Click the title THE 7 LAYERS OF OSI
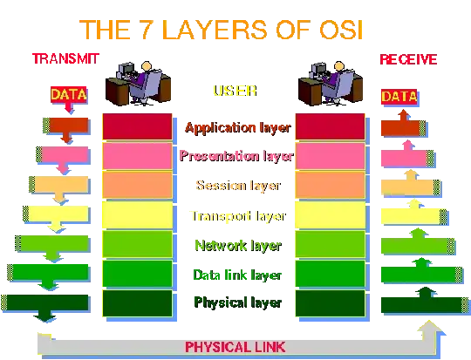click(x=231, y=29)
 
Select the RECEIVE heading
click(x=406, y=60)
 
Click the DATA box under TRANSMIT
click(x=66, y=94)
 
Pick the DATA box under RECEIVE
click(x=399, y=96)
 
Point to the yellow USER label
click(x=233, y=91)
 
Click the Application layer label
click(x=236, y=127)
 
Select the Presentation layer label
click(x=236, y=156)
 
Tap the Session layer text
click(x=236, y=186)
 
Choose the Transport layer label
click(x=236, y=215)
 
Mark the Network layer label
click(x=236, y=245)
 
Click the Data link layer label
click(x=236, y=275)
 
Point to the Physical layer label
click(x=236, y=303)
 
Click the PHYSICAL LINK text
click(x=235, y=346)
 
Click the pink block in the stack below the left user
click(x=137, y=156)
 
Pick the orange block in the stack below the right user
click(x=330, y=185)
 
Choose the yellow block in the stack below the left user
click(x=137, y=214)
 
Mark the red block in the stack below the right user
click(x=330, y=126)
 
